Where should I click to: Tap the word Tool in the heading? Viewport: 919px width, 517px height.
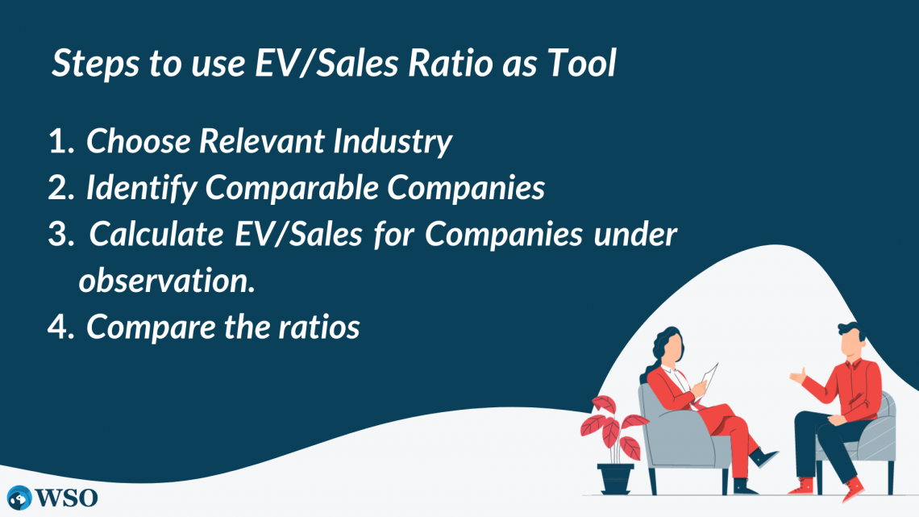[581, 63]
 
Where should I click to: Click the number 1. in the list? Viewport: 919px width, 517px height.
[61, 141]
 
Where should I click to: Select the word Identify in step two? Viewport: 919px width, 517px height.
[141, 189]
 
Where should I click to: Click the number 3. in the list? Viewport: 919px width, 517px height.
[61, 235]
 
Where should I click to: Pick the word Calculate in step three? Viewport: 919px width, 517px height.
[156, 235]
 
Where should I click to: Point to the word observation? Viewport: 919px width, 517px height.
[167, 280]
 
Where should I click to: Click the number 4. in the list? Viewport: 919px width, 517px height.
[61, 327]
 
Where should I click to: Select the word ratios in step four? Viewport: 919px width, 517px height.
[319, 327]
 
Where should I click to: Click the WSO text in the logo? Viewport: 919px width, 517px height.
[67, 498]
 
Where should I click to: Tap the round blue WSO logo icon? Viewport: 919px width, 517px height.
[19, 498]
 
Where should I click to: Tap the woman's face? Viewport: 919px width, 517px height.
[674, 349]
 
